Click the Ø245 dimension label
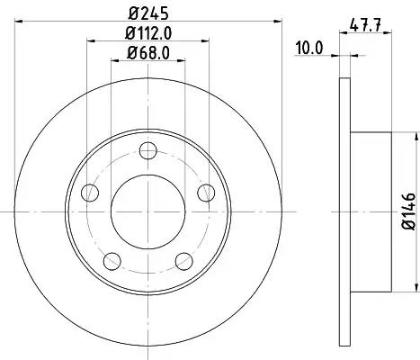click(148, 13)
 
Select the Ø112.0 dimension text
click(148, 33)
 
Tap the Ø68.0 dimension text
click(148, 53)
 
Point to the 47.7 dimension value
click(365, 24)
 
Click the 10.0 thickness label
click(309, 48)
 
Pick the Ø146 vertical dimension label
click(408, 211)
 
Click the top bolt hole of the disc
click(148, 150)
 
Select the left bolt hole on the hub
click(90, 193)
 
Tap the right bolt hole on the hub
click(206, 193)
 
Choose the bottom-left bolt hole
click(112, 261)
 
